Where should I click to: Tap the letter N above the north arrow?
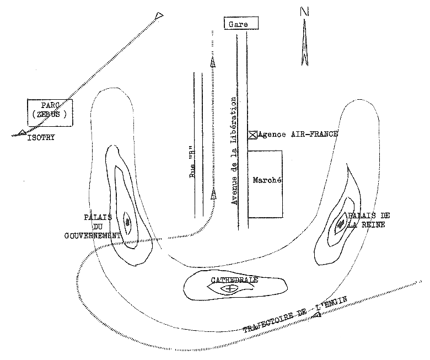(304, 11)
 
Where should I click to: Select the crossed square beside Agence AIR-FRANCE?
(252, 134)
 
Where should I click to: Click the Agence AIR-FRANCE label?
(298, 134)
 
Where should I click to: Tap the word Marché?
(267, 180)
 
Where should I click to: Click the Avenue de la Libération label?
(234, 151)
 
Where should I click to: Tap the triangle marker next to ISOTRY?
(21, 132)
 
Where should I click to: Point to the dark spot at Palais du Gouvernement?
(128, 222)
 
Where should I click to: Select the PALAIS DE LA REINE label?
(366, 219)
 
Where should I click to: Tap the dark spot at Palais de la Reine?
(341, 223)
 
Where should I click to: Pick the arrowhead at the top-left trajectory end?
(159, 15)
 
